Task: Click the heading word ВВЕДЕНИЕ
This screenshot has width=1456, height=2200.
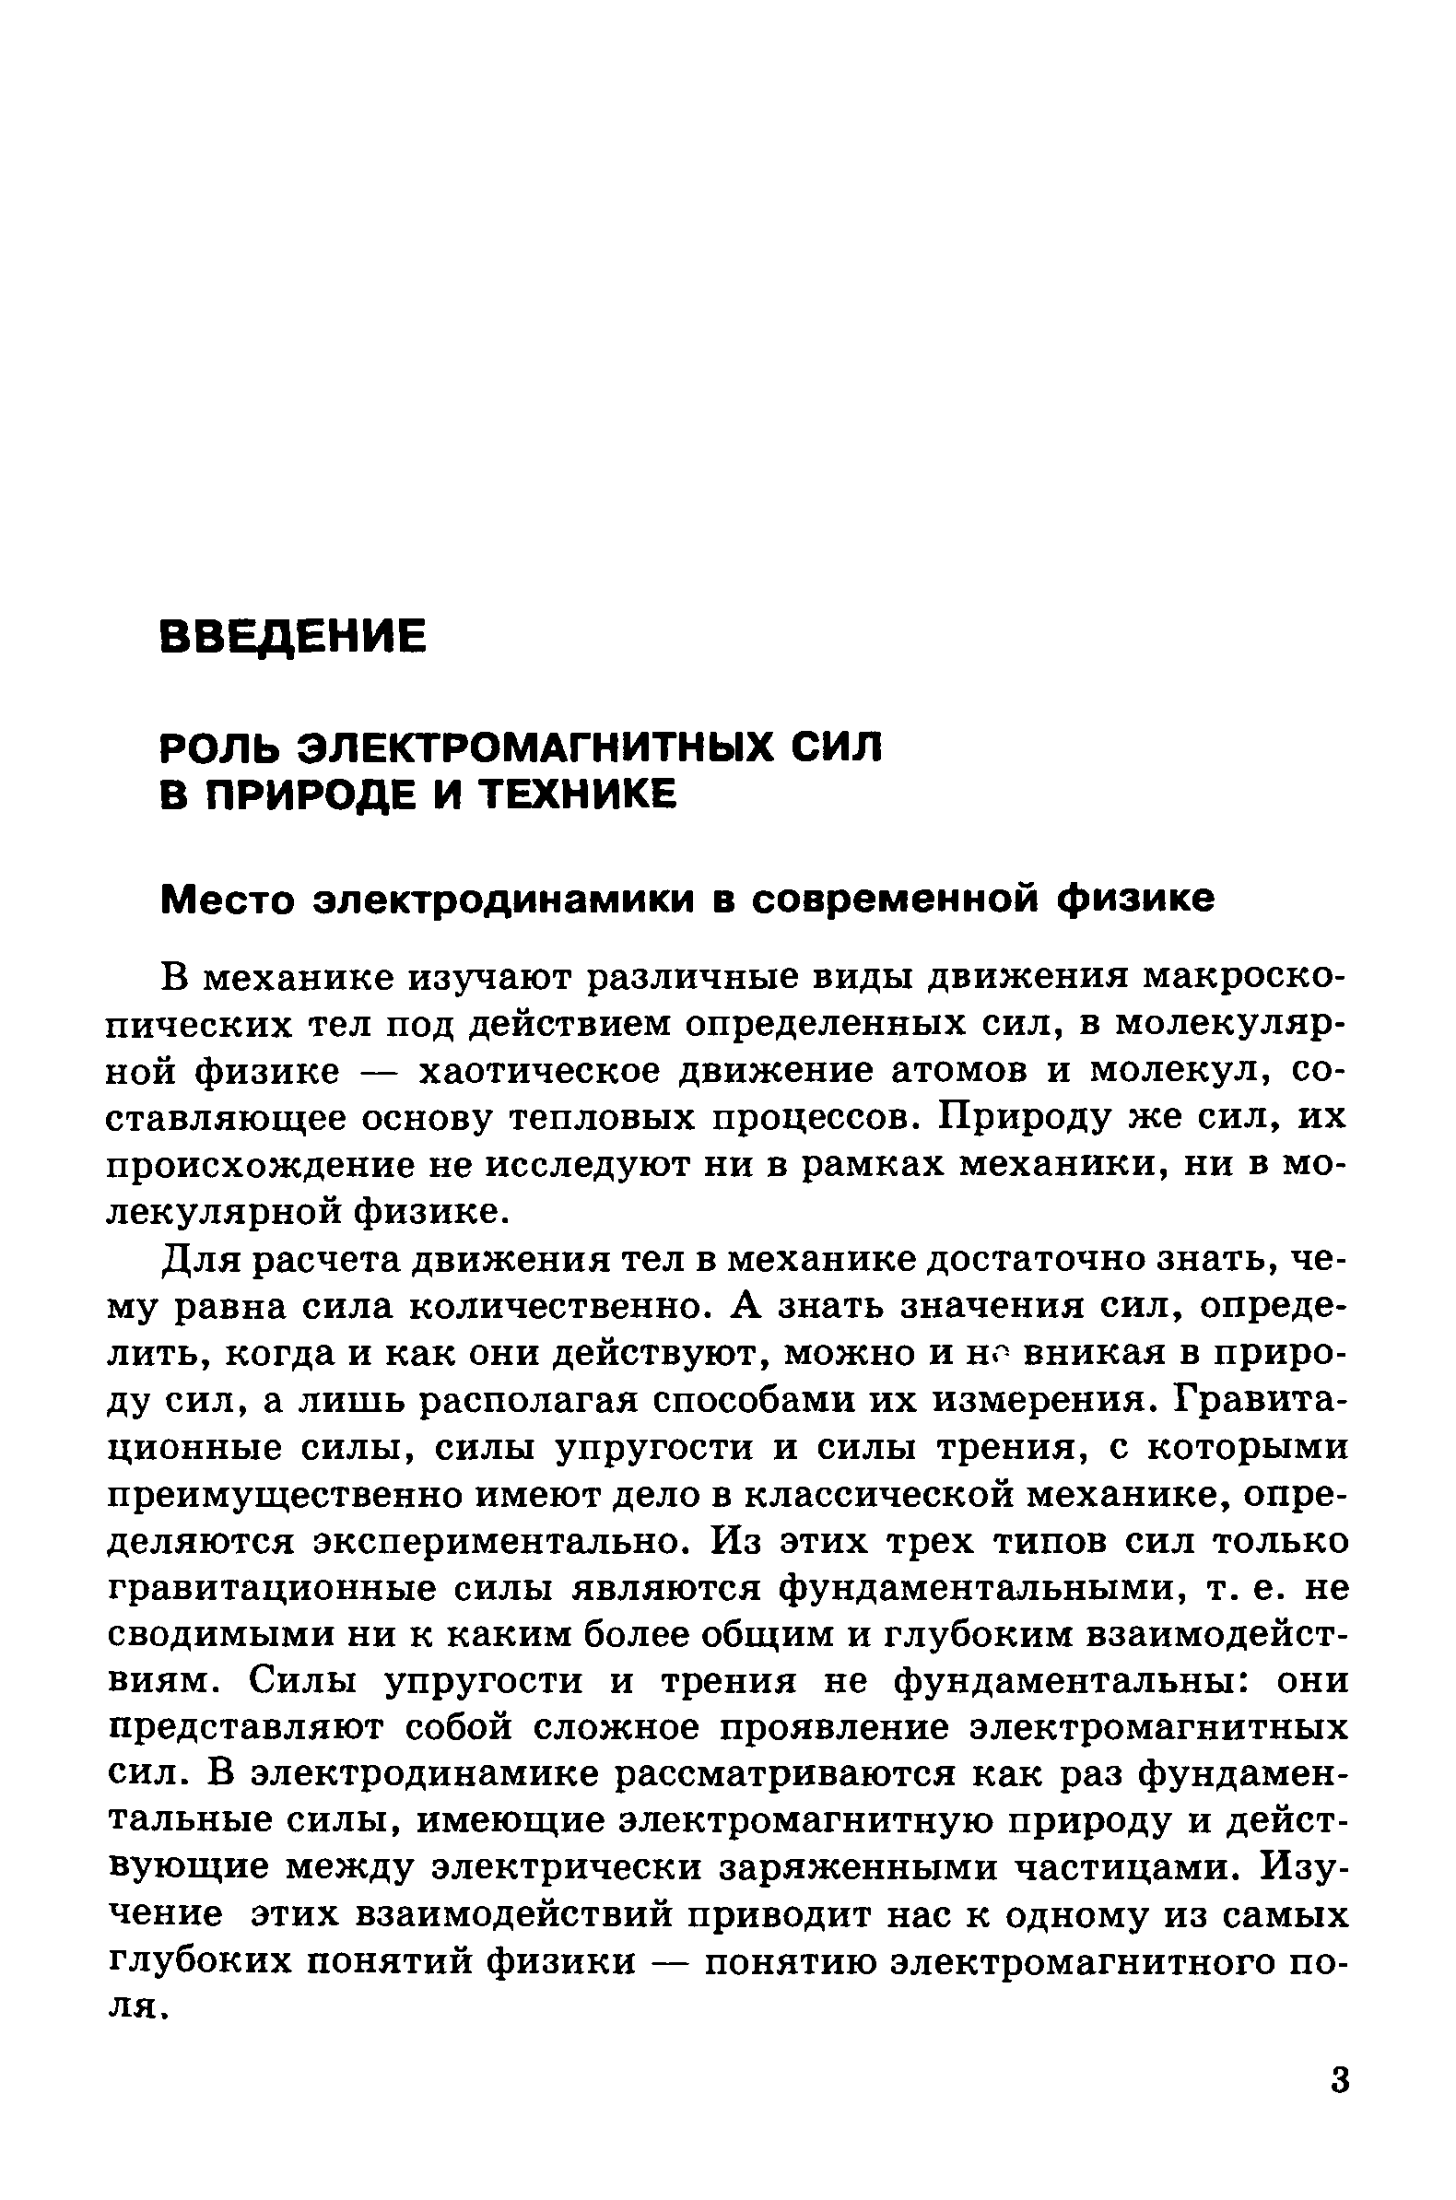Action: (x=293, y=638)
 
